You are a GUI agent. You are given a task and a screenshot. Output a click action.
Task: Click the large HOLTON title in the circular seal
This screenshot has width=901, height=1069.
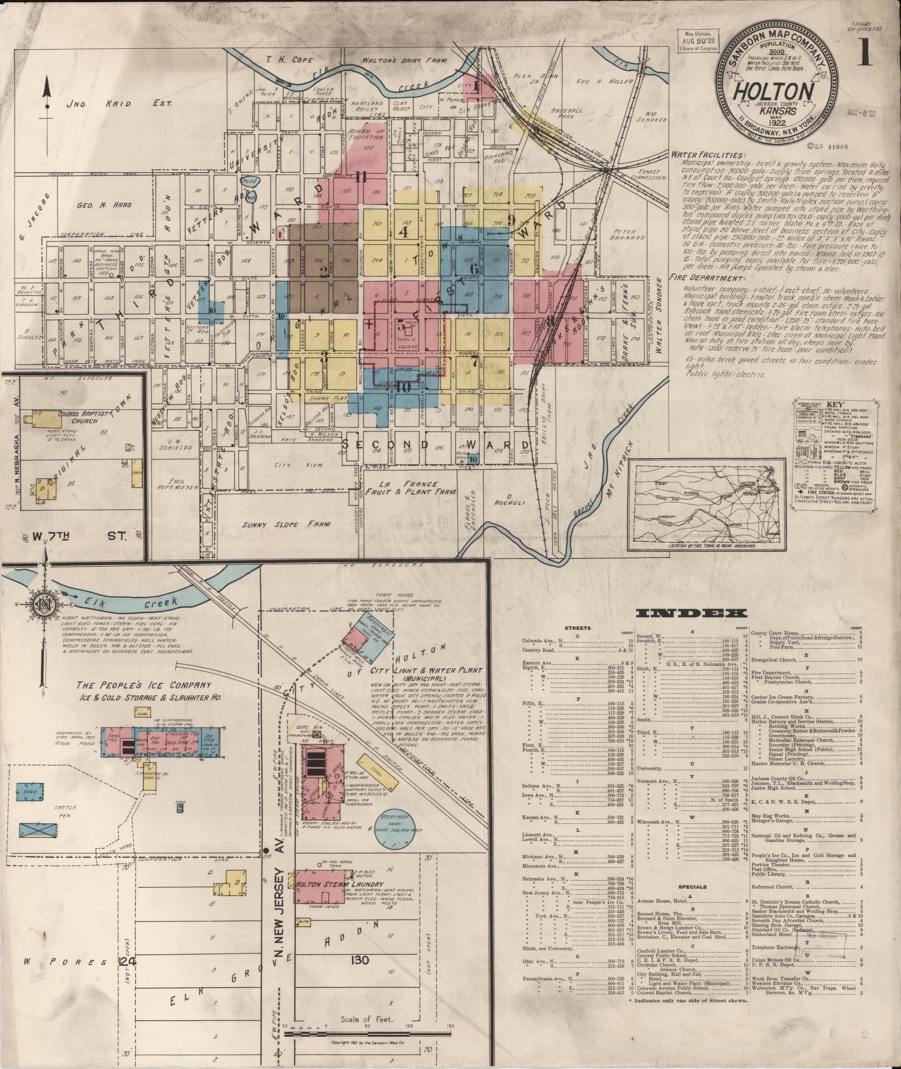[773, 91]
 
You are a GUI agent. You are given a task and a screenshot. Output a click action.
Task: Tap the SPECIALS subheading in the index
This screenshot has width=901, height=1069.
[692, 902]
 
